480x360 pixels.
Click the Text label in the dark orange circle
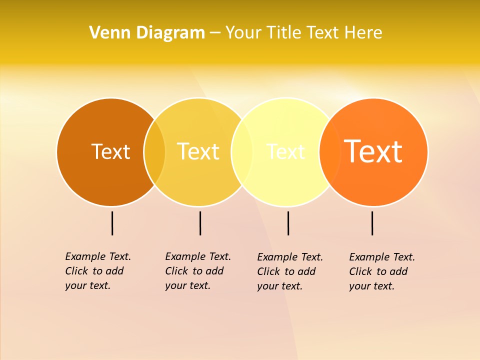[x=110, y=151]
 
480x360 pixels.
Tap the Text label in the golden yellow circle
[x=198, y=151]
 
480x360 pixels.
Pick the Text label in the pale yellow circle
[x=285, y=151]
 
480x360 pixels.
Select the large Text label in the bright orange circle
[x=373, y=151]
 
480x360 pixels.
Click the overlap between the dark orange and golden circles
[x=154, y=151]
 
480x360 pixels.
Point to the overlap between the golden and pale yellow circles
[x=242, y=151]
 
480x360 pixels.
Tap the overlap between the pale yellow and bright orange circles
[x=329, y=151]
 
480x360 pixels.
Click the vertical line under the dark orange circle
[x=112, y=223]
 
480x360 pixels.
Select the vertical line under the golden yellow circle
[x=200, y=223]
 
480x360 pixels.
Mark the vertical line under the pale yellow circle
[x=288, y=223]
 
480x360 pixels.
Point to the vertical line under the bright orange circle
[x=372, y=223]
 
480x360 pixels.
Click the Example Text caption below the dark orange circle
[x=98, y=271]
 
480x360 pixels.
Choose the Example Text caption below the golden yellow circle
[x=198, y=271]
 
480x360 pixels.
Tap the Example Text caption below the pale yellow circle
[x=290, y=271]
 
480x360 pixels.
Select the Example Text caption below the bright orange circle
[x=382, y=271]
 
